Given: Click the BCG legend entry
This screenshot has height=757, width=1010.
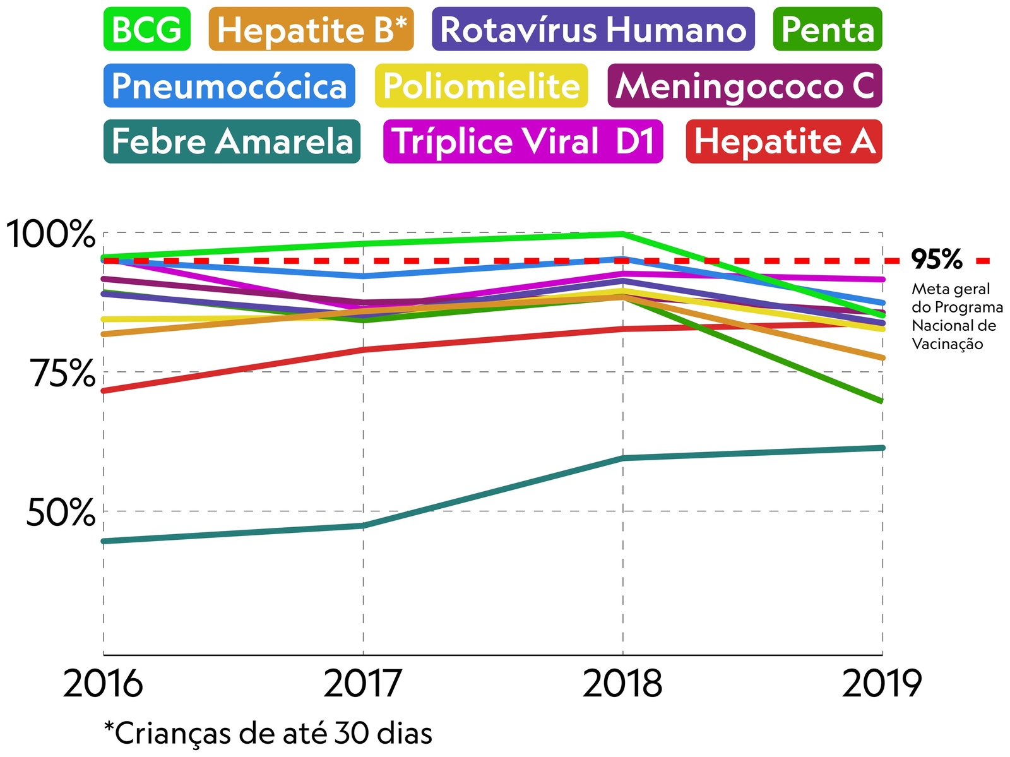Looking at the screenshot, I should pyautogui.click(x=147, y=29).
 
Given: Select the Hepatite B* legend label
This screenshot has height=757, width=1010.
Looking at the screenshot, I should pyautogui.click(x=311, y=29).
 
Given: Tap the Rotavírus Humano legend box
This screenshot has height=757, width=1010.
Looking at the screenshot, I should pyautogui.click(x=593, y=29).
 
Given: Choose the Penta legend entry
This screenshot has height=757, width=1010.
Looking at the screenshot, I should pyautogui.click(x=827, y=29).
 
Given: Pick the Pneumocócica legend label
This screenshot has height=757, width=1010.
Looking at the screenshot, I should pyautogui.click(x=229, y=85).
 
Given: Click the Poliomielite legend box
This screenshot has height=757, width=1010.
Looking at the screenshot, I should pyautogui.click(x=481, y=85).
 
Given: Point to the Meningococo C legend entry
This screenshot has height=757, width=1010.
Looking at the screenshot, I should pyautogui.click(x=744, y=85).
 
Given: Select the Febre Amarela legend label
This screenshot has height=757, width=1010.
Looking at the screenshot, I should pyautogui.click(x=232, y=141).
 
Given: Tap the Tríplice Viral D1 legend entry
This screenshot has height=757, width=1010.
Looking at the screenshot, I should pyautogui.click(x=523, y=141).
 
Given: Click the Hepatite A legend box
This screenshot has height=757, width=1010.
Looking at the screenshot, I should pyautogui.click(x=783, y=141).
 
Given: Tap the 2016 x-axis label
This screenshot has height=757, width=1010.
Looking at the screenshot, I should pyautogui.click(x=103, y=684).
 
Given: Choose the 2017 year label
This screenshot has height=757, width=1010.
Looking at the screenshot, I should pyautogui.click(x=363, y=684).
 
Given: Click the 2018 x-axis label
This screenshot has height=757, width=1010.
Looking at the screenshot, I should pyautogui.click(x=622, y=684).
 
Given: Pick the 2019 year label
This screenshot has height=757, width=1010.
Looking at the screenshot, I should pyautogui.click(x=882, y=684).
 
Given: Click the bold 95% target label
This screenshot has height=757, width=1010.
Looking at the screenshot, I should pyautogui.click(x=937, y=259).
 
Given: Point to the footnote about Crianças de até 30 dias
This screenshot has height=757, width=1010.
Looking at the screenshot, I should pyautogui.click(x=268, y=733).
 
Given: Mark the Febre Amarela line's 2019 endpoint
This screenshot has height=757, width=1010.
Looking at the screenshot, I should pyautogui.click(x=882, y=448).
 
